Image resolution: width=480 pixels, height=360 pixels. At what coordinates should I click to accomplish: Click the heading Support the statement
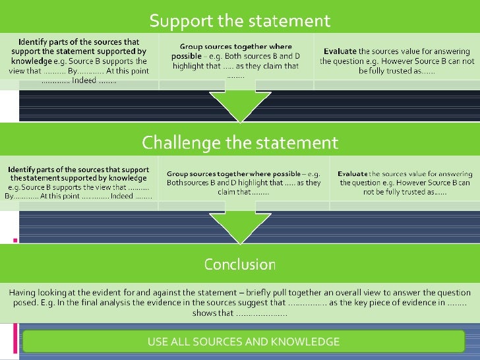(240, 20)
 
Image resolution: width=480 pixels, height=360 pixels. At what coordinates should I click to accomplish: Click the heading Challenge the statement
(240, 142)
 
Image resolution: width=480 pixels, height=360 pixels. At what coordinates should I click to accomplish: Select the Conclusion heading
(240, 264)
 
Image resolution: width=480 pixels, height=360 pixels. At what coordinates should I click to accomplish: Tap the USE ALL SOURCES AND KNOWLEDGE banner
(243, 342)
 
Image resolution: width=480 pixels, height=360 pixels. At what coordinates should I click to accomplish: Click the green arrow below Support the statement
(235, 105)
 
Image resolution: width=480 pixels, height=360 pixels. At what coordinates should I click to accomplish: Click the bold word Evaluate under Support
(340, 51)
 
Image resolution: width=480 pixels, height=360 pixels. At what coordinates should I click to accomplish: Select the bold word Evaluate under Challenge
(347, 173)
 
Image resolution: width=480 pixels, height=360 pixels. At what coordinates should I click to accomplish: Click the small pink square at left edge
(15, 239)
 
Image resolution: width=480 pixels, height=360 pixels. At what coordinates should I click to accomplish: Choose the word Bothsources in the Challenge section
(187, 183)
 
